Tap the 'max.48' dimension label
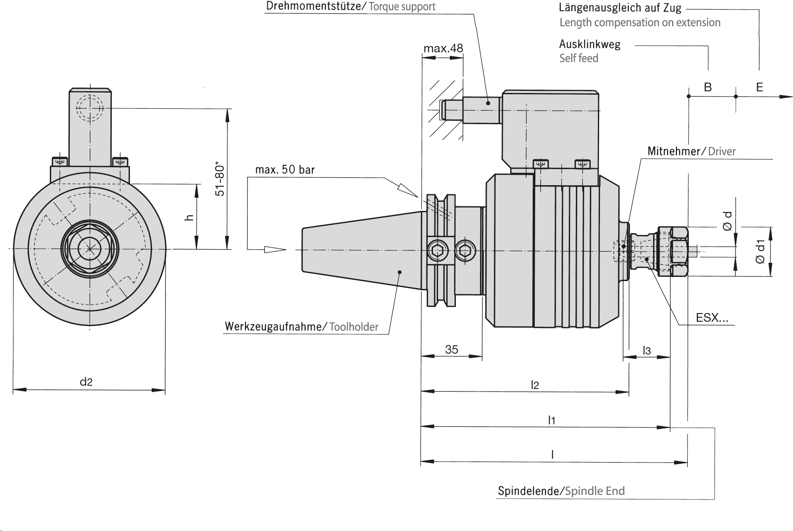(x=443, y=49)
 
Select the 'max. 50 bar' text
(x=285, y=169)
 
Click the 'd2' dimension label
(x=86, y=382)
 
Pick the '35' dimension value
(x=451, y=349)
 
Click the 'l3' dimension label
(x=646, y=350)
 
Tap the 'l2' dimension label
(x=535, y=385)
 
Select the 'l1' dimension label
(x=551, y=420)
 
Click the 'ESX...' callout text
(x=712, y=318)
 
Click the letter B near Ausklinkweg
(x=708, y=87)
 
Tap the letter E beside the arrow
(x=759, y=87)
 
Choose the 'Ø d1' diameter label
(x=760, y=251)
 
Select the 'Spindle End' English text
(x=595, y=491)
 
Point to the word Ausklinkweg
(x=590, y=44)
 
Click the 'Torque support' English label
(x=402, y=7)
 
